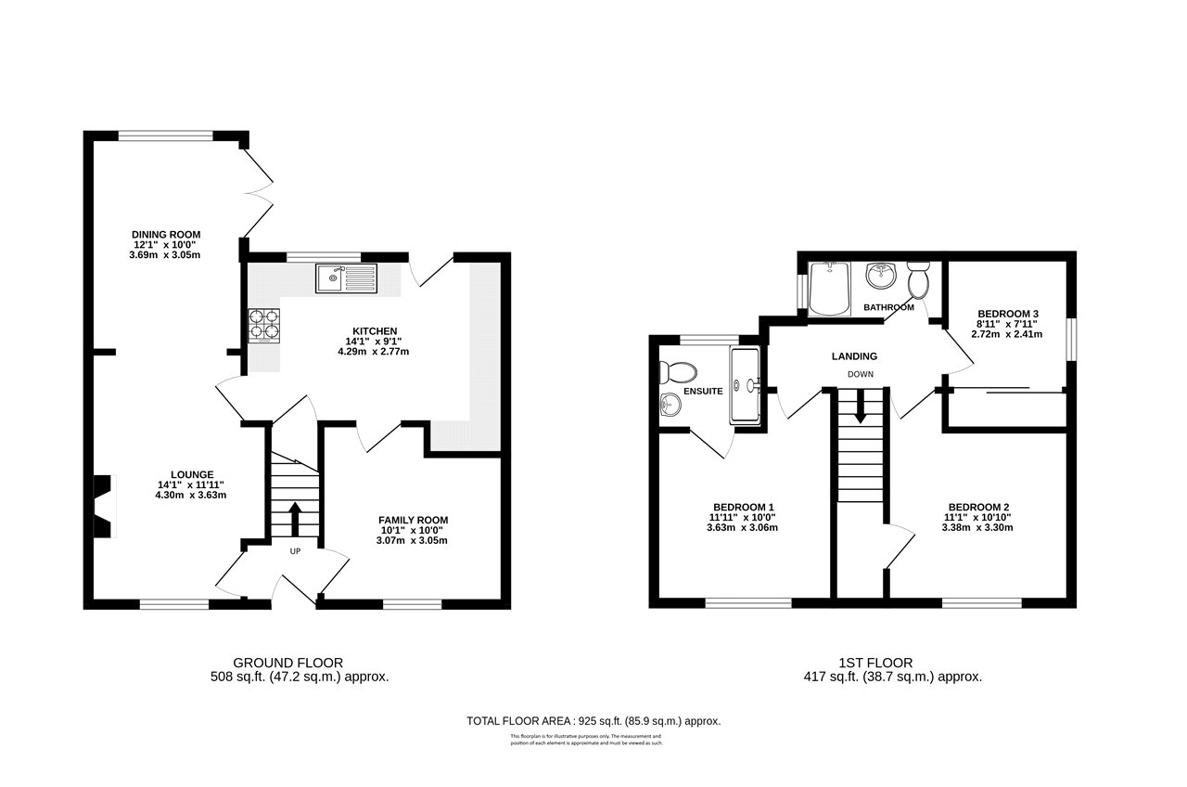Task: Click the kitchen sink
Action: tap(347, 277)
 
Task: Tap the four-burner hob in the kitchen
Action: tap(263, 324)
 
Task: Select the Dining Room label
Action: tap(166, 234)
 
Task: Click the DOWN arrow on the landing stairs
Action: tap(860, 406)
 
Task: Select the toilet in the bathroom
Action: tap(919, 278)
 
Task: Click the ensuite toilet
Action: tap(677, 372)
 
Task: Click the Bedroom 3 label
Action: tap(1007, 313)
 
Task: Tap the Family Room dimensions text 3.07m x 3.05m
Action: tap(413, 540)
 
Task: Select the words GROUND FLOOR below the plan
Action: tap(287, 663)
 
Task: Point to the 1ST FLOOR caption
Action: tap(875, 663)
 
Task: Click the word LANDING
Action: tap(854, 355)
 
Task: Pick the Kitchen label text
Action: tap(375, 331)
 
